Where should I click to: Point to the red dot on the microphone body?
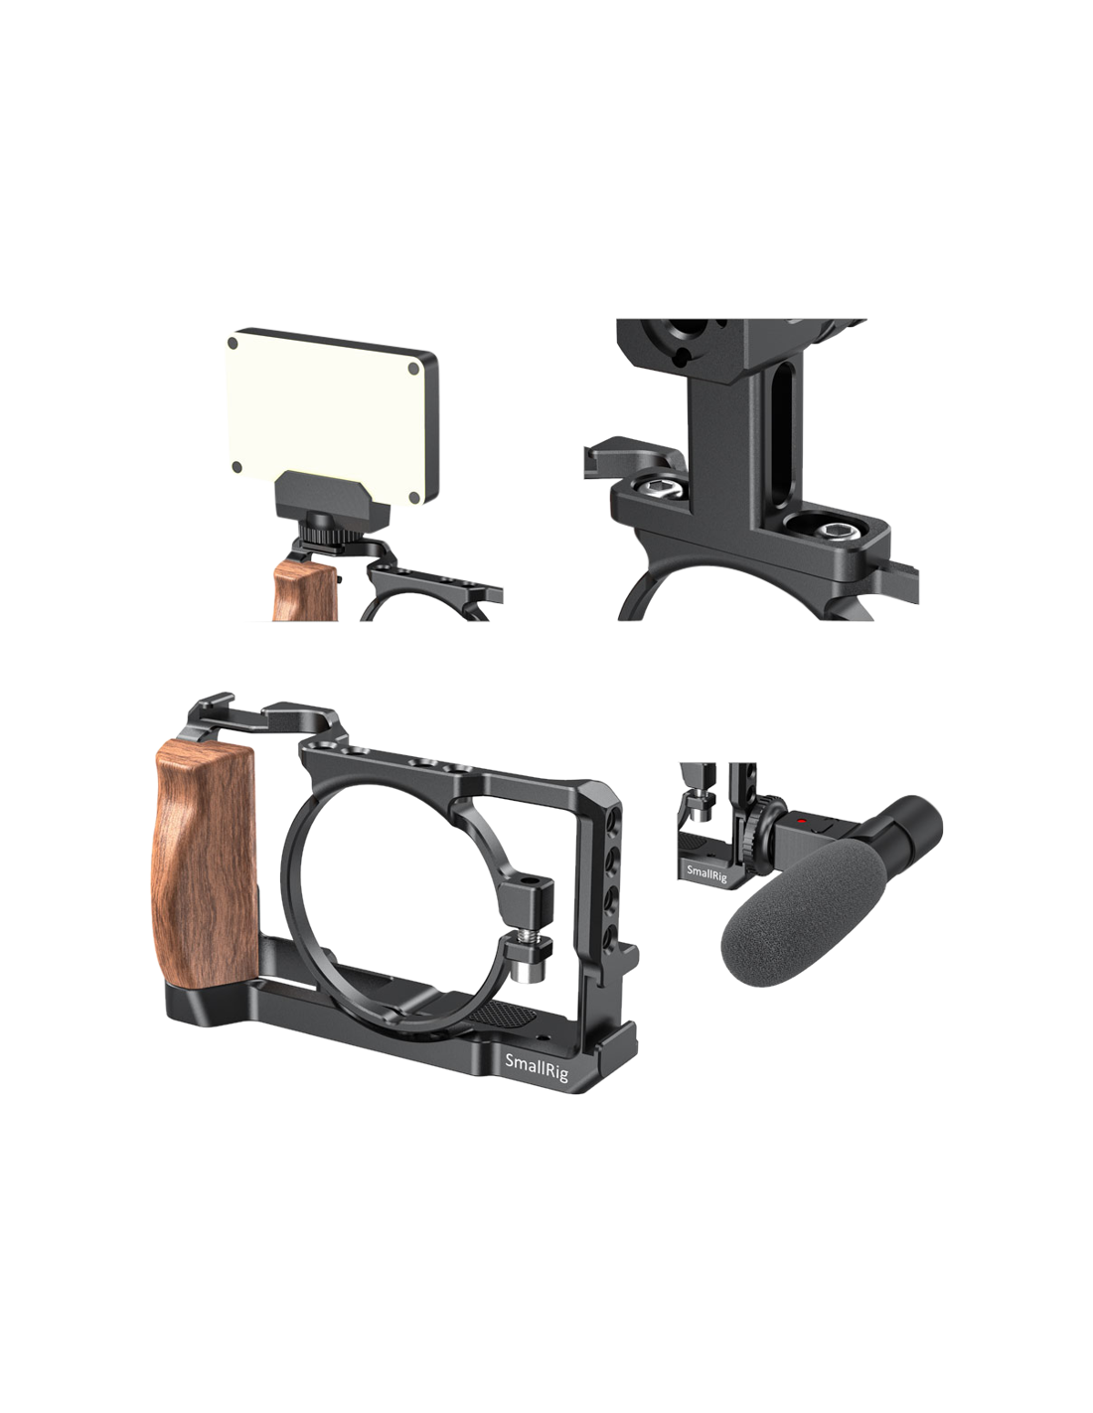[x=804, y=821]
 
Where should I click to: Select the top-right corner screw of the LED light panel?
[x=413, y=368]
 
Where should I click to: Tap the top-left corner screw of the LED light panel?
[x=233, y=343]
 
